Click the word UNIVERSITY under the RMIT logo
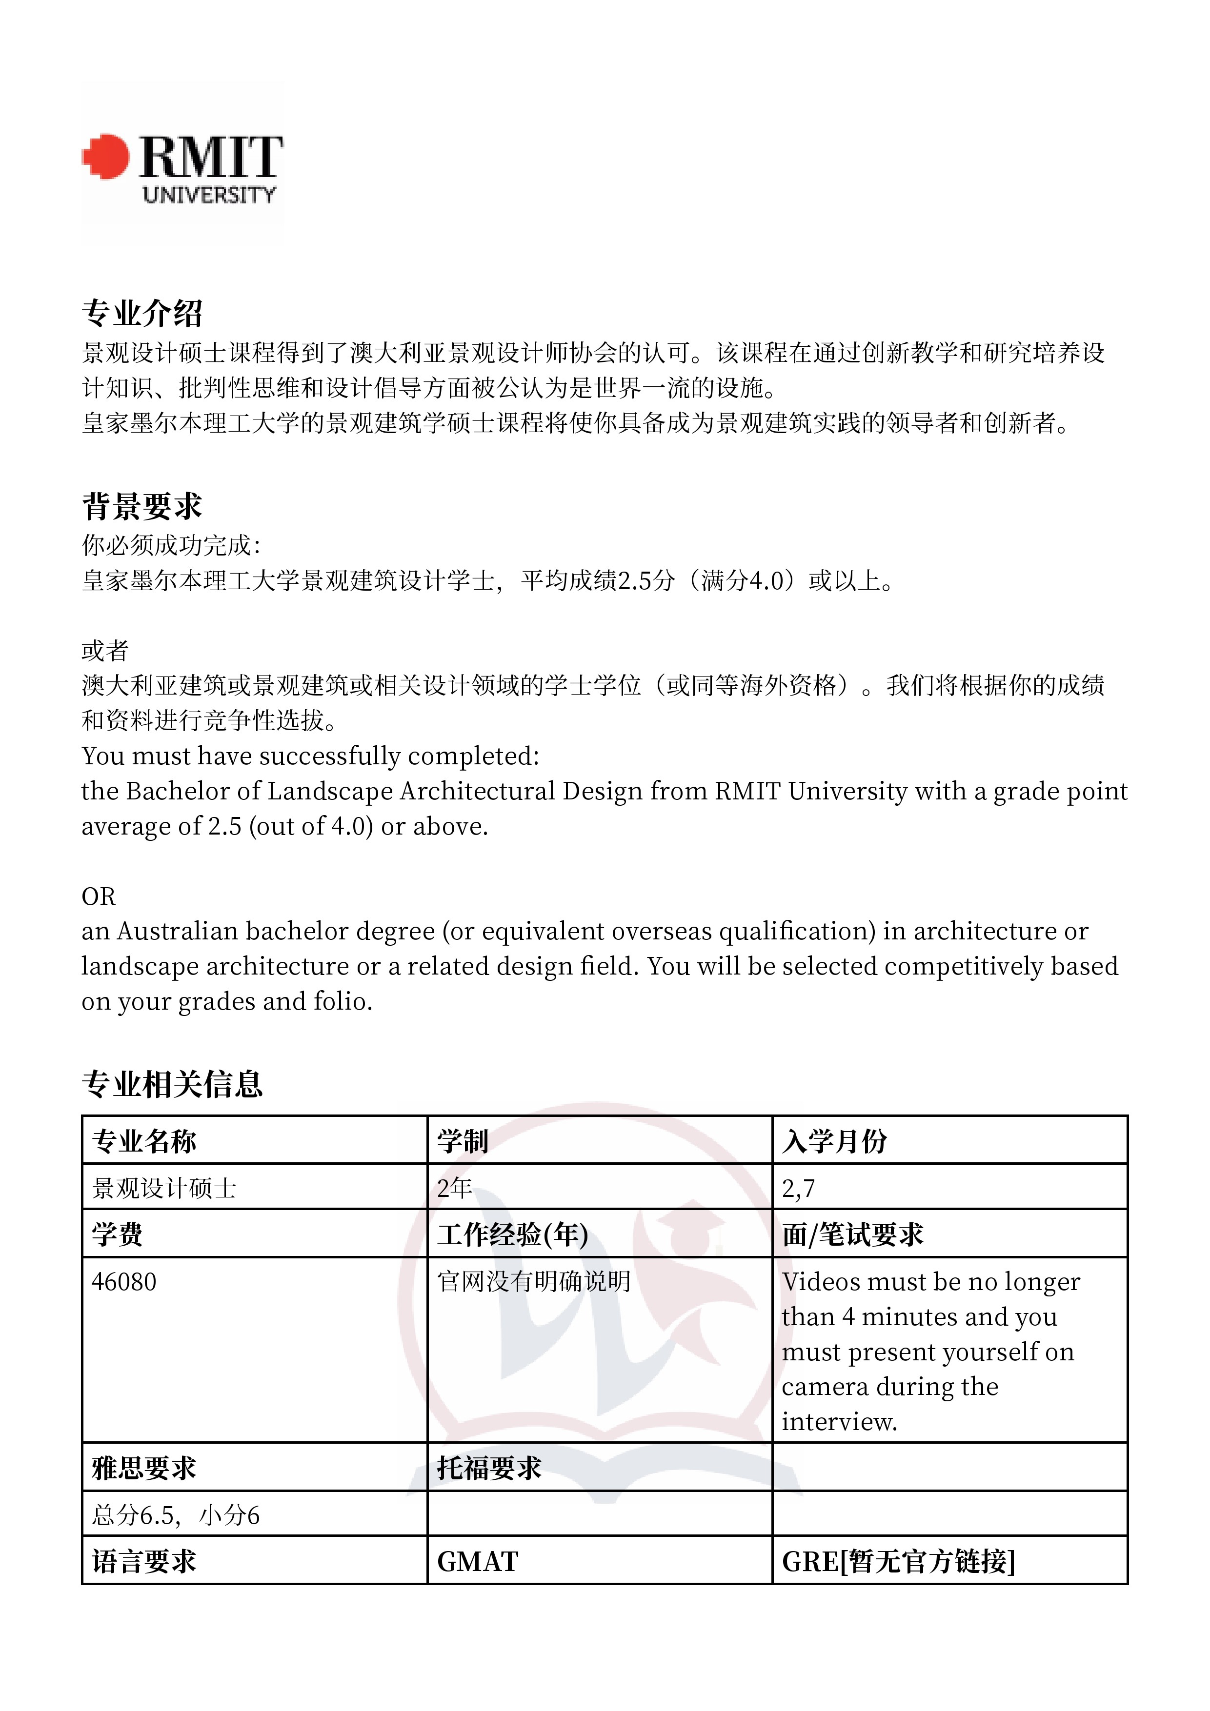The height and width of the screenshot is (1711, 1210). pyautogui.click(x=209, y=195)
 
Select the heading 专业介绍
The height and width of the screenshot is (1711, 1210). pyautogui.click(x=141, y=313)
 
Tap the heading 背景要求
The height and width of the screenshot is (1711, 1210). pyautogui.click(x=141, y=507)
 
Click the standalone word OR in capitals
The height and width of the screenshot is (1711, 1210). pyautogui.click(x=99, y=896)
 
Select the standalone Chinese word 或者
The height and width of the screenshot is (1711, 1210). pyautogui.click(x=104, y=651)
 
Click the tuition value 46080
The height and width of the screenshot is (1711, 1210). pyautogui.click(x=124, y=1282)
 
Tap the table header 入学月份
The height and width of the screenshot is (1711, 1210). pyautogui.click(x=834, y=1141)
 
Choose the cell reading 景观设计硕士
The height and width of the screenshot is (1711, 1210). pyautogui.click(x=164, y=1188)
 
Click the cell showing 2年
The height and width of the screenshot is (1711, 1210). pyautogui.click(x=455, y=1188)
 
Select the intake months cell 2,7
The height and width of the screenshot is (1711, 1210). pyautogui.click(x=799, y=1188)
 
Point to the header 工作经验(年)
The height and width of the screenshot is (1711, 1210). pyautogui.click(x=512, y=1235)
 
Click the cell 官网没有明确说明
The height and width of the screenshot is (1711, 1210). pyautogui.click(x=534, y=1282)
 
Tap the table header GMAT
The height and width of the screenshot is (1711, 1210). pyautogui.click(x=477, y=1562)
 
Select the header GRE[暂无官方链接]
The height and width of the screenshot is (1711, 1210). pyautogui.click(x=898, y=1562)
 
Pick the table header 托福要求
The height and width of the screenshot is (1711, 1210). pyautogui.click(x=488, y=1469)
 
